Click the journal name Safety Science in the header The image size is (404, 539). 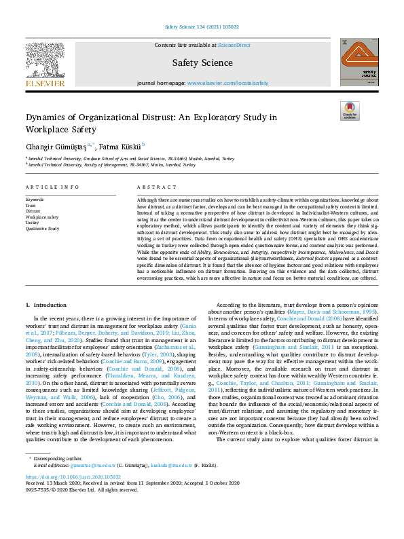pyautogui.click(x=202, y=62)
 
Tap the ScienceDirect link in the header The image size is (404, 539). pyautogui.click(x=234, y=45)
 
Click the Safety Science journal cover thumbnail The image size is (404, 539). pyautogui.click(x=359, y=61)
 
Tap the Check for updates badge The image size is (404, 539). pyautogui.click(x=350, y=111)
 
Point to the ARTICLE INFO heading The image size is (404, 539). pyautogui.click(x=47, y=187)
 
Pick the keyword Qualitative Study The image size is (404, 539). pyautogui.click(x=41, y=229)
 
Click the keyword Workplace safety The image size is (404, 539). pyautogui.click(x=42, y=217)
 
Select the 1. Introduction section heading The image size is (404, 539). pyautogui.click(x=45, y=305)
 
